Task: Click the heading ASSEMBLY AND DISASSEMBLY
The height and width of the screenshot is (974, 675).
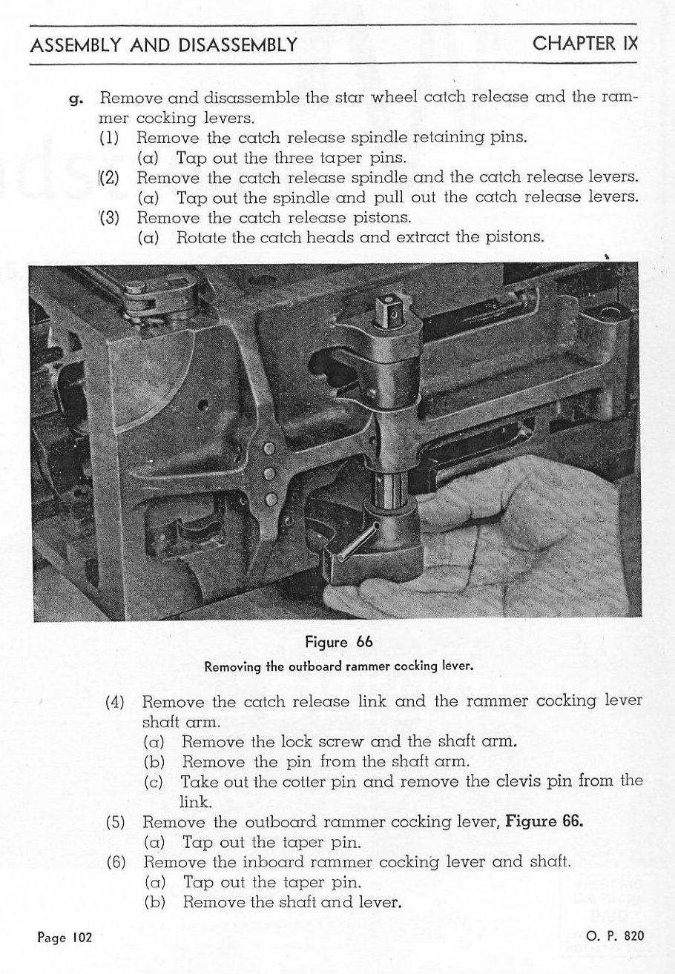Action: pos(163,45)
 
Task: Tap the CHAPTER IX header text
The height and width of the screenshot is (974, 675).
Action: pos(585,44)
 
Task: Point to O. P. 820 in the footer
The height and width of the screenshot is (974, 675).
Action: pos(615,935)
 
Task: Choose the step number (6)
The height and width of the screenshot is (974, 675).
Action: pos(118,862)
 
